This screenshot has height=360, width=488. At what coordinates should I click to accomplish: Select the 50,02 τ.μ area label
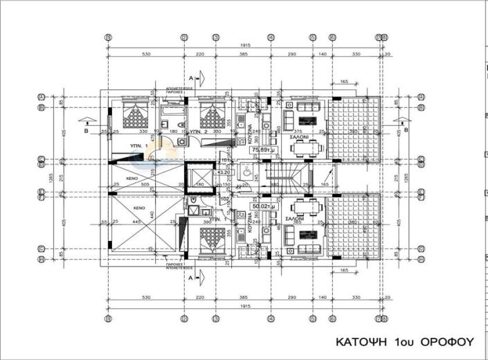[260, 206]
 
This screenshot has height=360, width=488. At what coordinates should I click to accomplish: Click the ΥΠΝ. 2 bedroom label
[199, 130]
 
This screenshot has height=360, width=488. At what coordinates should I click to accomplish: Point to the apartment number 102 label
[224, 199]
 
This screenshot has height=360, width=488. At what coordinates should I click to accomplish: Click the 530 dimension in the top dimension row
[145, 54]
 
